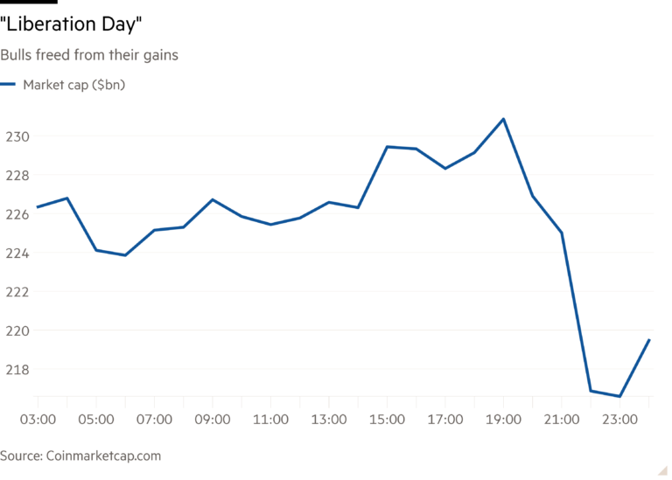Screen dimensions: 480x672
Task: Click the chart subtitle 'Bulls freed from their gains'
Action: tap(90, 56)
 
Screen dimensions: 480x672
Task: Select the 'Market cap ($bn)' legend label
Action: tap(74, 85)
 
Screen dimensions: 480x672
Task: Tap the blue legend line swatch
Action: tap(9, 85)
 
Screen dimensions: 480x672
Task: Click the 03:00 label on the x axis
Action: tap(38, 420)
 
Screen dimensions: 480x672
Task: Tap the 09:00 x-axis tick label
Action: tap(213, 420)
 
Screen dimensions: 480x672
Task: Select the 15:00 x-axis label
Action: tap(387, 420)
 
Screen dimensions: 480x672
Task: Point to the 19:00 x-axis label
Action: tap(503, 420)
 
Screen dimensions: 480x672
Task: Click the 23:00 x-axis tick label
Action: tap(619, 420)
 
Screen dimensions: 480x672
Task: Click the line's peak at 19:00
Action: tap(503, 118)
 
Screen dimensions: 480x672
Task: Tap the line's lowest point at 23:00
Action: tap(619, 396)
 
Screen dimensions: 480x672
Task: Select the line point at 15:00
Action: tap(387, 147)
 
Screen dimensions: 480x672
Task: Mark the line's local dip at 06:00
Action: tap(125, 255)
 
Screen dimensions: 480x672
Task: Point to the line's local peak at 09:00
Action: tap(213, 199)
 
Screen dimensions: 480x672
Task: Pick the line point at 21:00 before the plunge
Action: tap(561, 232)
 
